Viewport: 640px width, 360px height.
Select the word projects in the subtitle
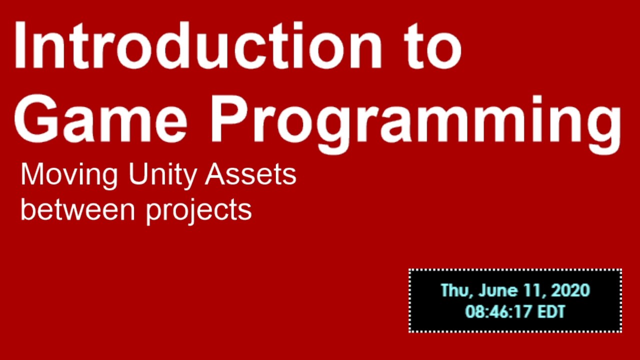pyautogui.click(x=199, y=211)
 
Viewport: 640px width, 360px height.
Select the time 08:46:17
pyautogui.click(x=498, y=312)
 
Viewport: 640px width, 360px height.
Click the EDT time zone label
pyautogui.click(x=551, y=312)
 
